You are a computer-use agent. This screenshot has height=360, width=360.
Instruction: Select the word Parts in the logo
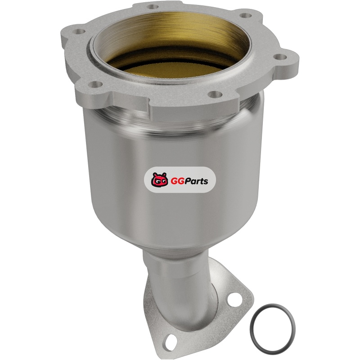coord(195,181)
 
